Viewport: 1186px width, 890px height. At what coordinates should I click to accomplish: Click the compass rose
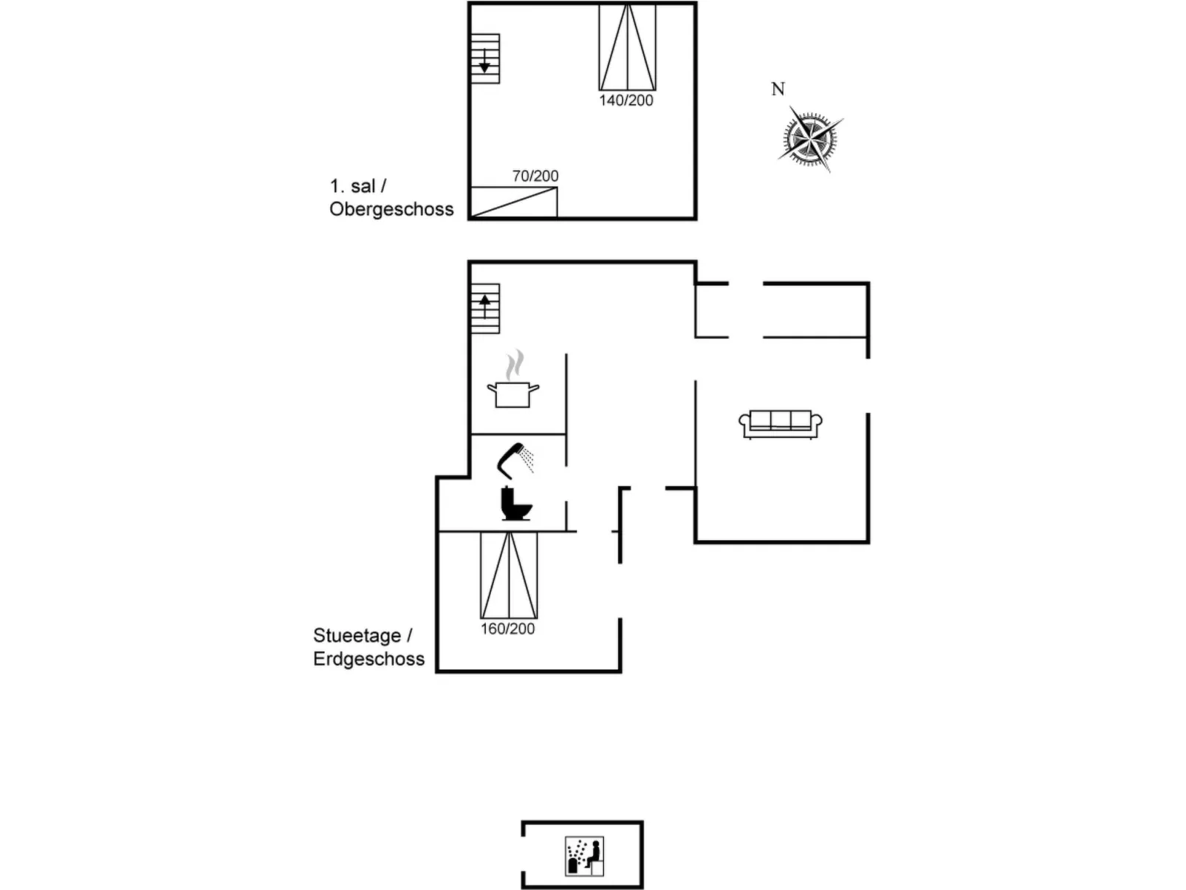pos(809,138)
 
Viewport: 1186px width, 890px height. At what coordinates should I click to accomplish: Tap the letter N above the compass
pos(778,89)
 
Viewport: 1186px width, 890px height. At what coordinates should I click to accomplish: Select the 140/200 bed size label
pos(626,100)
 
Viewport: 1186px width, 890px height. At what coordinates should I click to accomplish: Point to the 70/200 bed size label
pos(535,176)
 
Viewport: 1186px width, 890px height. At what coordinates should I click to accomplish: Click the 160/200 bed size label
pos(508,629)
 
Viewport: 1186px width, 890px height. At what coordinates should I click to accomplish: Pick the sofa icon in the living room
pos(781,424)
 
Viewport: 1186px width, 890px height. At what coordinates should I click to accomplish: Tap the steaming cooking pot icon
pos(513,393)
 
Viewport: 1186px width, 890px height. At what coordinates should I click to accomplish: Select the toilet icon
pos(515,504)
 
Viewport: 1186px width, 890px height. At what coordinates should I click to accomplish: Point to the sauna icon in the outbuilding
pos(584,856)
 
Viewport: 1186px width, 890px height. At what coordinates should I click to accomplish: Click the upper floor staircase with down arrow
pos(485,58)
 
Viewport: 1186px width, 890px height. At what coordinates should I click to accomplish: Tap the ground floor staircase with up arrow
pos(485,308)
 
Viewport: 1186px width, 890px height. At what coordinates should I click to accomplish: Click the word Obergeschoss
pos(391,209)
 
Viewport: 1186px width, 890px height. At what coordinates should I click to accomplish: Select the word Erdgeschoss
pos(369,659)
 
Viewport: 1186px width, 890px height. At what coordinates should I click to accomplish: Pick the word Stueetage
pos(357,635)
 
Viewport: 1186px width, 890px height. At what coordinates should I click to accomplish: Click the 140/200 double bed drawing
pos(627,47)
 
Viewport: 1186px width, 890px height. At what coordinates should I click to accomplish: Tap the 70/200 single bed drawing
pos(514,202)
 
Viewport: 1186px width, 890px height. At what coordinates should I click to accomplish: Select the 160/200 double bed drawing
pos(509,575)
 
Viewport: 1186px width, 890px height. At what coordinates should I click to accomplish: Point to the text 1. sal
pos(353,186)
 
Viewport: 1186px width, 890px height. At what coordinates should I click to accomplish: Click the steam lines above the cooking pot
pos(515,365)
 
